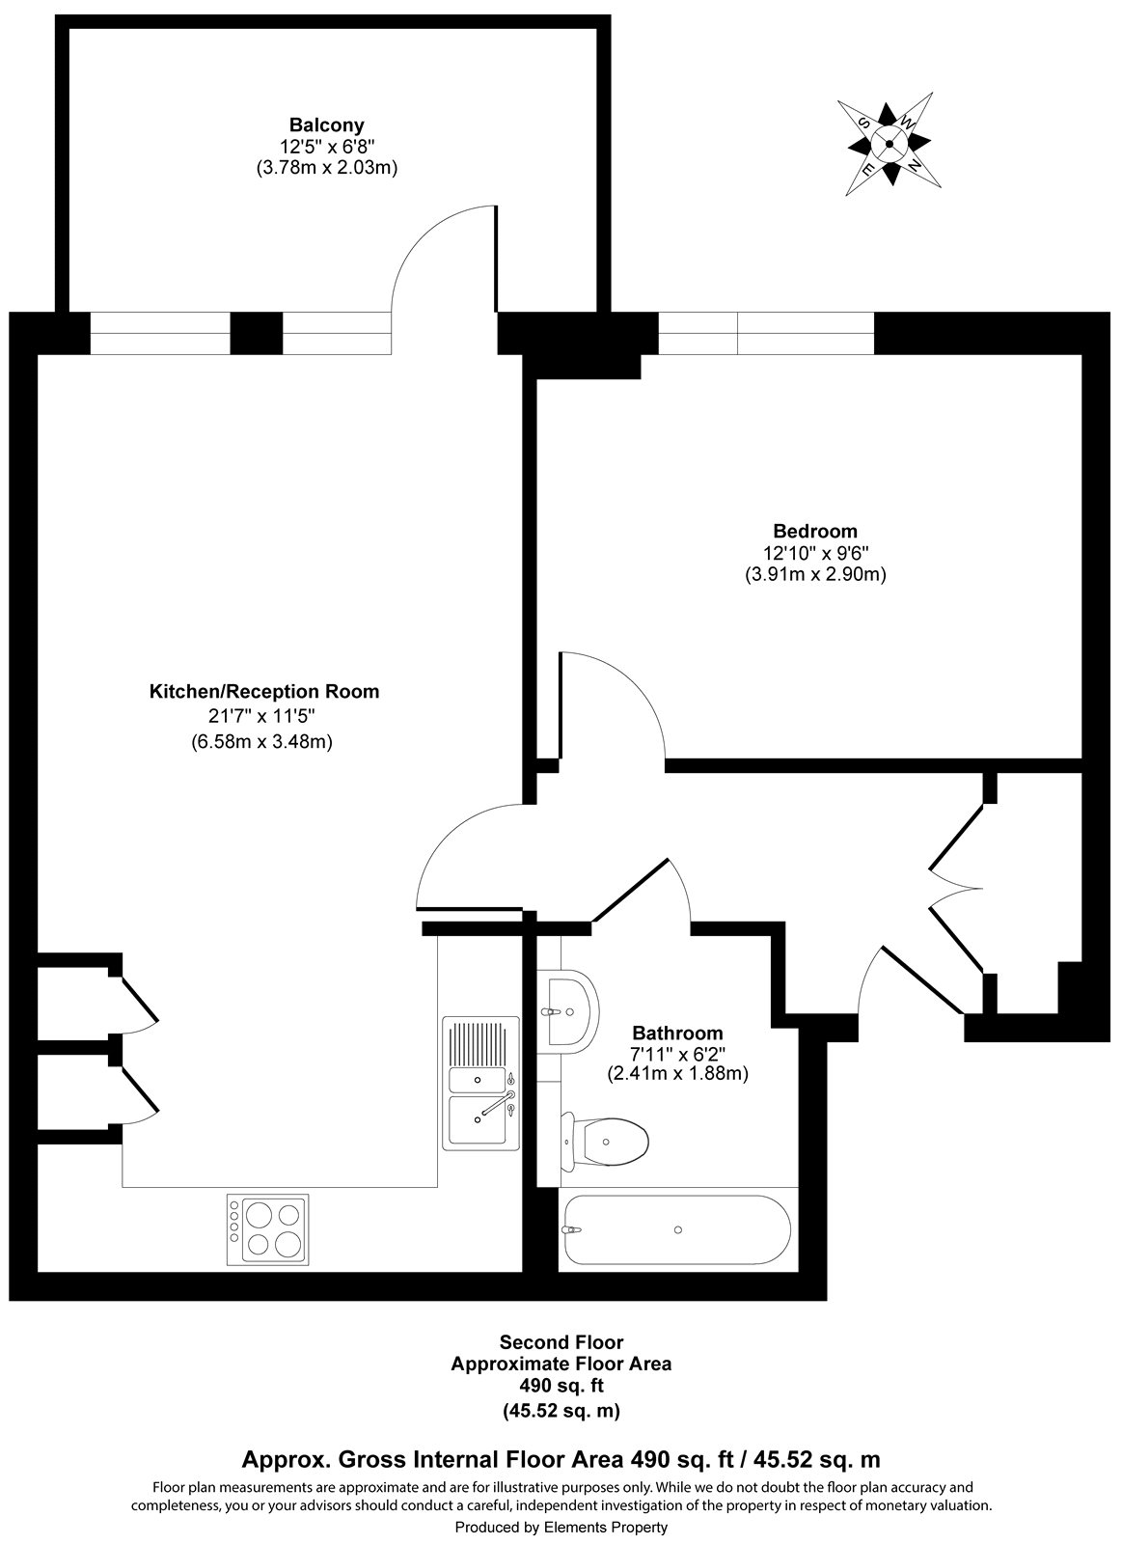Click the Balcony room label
pos(326,124)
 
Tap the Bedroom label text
pos(814,531)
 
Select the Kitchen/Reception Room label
pos(263,692)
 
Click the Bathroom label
pos(676,1034)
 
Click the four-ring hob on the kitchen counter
pos(268,1229)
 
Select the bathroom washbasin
pos(571,1011)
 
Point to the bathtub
pos(677,1229)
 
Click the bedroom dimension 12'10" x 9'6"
pos(814,553)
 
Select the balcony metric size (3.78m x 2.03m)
pos(326,167)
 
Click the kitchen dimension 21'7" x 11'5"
pos(263,716)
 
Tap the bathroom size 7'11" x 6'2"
pos(676,1054)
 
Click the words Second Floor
pos(561,1342)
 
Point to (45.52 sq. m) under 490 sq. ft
pos(561,1410)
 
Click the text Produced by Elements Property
pos(561,1528)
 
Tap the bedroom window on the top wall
pos(765,334)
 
